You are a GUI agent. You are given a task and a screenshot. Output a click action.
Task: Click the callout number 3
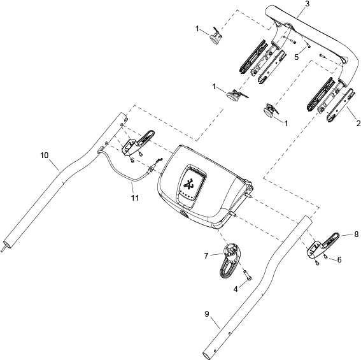point(308,4)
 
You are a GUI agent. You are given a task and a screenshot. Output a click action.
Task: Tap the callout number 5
point(297,57)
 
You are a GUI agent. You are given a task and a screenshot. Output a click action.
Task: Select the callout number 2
point(358,124)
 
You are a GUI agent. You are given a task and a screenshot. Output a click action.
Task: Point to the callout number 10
point(45,155)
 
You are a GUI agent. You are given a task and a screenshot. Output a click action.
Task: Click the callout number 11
point(135,198)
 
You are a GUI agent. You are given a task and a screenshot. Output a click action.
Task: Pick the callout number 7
point(206,256)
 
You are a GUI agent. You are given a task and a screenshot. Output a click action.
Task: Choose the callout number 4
point(236,289)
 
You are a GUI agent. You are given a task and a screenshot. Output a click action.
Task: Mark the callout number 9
point(207,313)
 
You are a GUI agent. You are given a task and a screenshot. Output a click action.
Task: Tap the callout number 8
point(357,234)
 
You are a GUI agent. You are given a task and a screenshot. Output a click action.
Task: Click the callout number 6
point(339,260)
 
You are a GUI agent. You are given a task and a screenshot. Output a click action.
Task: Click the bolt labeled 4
point(248,275)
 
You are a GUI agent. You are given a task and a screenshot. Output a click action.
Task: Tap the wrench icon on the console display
point(188,184)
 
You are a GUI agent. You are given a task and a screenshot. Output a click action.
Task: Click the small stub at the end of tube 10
point(3,250)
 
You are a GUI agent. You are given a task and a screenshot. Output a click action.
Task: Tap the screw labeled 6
point(325,257)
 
